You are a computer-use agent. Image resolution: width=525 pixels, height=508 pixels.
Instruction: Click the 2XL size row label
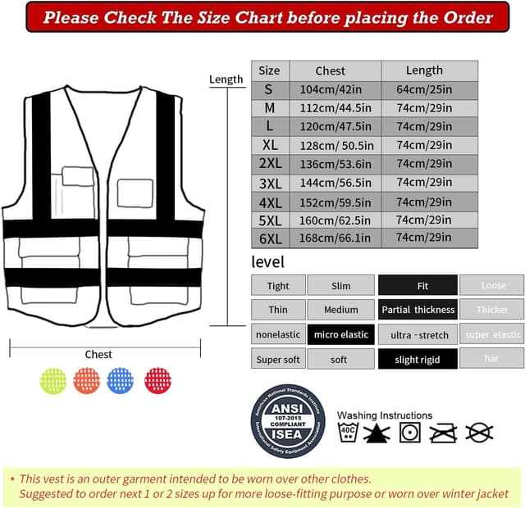[x=270, y=163]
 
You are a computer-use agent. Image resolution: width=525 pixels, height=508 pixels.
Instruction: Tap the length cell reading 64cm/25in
[x=424, y=89]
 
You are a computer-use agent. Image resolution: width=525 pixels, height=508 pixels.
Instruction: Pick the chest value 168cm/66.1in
[x=335, y=238]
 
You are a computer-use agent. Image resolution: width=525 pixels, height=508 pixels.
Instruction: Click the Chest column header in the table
[x=331, y=70]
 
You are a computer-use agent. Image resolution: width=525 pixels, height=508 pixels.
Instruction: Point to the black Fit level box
[x=418, y=285]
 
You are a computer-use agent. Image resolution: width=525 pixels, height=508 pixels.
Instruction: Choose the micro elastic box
[x=340, y=334]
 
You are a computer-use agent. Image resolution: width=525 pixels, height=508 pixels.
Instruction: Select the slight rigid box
[x=418, y=359]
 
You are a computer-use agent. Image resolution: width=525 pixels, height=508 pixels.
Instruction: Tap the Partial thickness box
[x=418, y=310]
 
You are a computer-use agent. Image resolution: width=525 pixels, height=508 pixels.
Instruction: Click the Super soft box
[x=278, y=359]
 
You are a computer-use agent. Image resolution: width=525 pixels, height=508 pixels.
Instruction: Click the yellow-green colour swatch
[x=53, y=380]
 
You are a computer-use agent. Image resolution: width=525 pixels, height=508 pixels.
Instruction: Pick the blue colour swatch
[x=120, y=380]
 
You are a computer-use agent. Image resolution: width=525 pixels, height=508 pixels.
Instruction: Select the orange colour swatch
[x=86, y=380]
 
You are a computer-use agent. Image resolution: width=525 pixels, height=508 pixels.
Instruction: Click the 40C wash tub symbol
[x=348, y=433]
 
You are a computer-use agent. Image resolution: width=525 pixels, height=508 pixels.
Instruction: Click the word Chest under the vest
[x=98, y=354]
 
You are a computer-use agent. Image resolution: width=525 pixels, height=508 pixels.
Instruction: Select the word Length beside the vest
[x=226, y=79]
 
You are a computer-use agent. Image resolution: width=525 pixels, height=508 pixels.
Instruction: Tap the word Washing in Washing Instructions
[x=358, y=415]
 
